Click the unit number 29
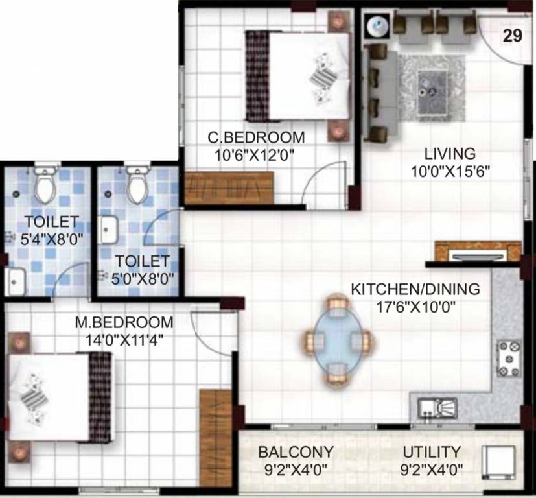click(x=512, y=36)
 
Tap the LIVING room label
click(x=450, y=154)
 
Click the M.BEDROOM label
click(x=124, y=322)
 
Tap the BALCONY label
click(x=296, y=452)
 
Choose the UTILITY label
click(x=432, y=452)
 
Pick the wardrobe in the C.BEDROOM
click(x=229, y=188)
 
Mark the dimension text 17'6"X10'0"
click(x=415, y=306)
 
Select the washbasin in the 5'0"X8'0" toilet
click(x=111, y=228)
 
